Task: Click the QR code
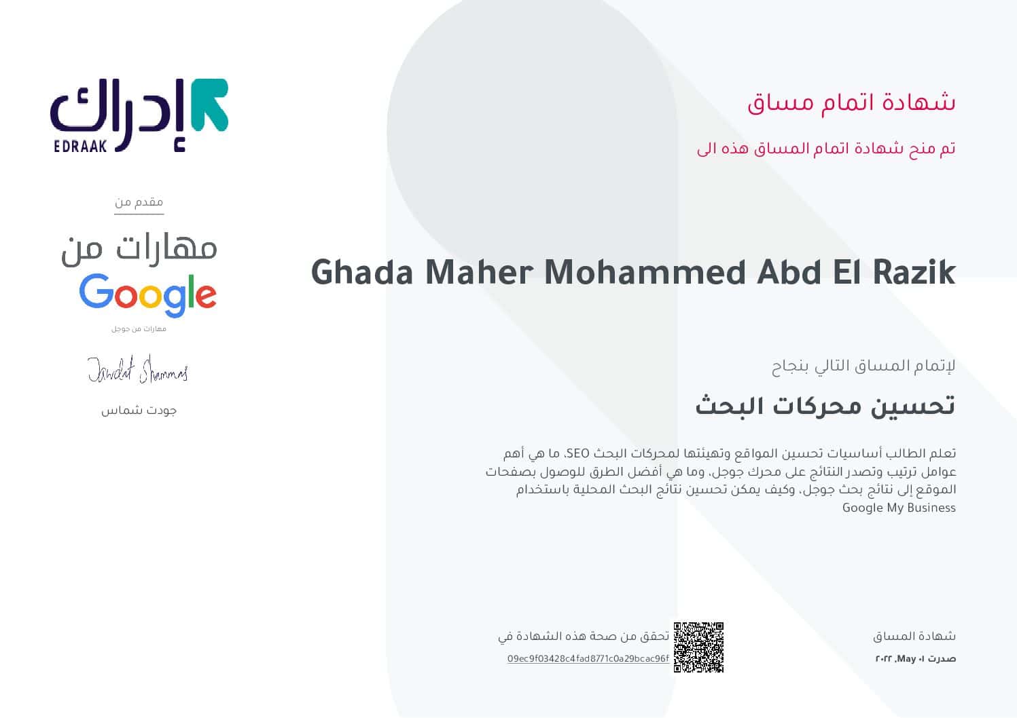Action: [698, 647]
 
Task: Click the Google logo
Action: [147, 295]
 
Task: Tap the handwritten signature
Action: [137, 370]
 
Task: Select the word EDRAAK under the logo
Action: [80, 145]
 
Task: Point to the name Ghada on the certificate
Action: [362, 272]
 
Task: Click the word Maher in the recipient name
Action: [479, 272]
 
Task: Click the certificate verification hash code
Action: [588, 658]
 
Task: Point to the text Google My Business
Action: [898, 508]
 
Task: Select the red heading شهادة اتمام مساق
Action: [851, 102]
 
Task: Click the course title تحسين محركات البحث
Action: [825, 405]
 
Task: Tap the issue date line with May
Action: [915, 659]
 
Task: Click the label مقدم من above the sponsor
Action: [139, 202]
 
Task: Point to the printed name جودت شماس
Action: [139, 411]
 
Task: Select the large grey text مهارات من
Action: [139, 248]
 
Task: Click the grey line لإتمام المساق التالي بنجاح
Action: [863, 366]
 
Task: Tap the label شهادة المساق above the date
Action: [914, 636]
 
